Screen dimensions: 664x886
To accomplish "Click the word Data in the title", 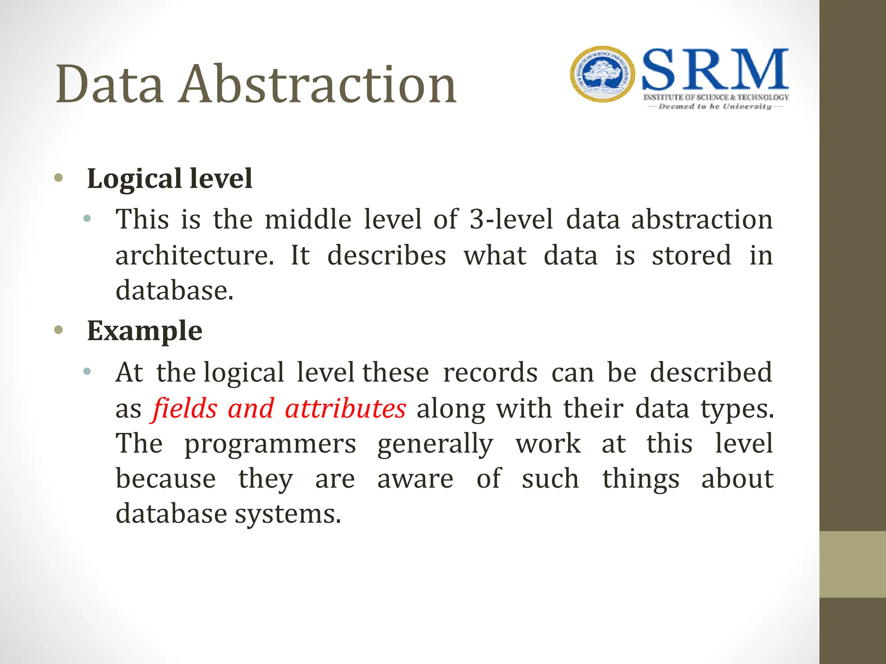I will pyautogui.click(x=109, y=84).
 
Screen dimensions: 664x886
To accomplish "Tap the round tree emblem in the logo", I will pyautogui.click(x=602, y=74).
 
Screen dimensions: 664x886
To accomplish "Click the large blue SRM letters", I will pyautogui.click(x=715, y=70).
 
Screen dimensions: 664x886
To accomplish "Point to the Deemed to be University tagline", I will pyautogui.click(x=715, y=106).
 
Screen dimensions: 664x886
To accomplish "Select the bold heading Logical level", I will pyautogui.click(x=170, y=179).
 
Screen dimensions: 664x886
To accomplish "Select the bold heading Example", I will pyautogui.click(x=144, y=331).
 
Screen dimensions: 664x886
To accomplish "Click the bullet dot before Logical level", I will pyautogui.click(x=59, y=178).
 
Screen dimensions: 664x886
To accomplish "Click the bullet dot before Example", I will pyautogui.click(x=59, y=330).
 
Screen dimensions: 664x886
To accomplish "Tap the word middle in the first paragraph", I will pyautogui.click(x=308, y=220).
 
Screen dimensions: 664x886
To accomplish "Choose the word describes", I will pyautogui.click(x=386, y=255).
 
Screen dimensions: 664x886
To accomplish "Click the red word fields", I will pyautogui.click(x=185, y=409).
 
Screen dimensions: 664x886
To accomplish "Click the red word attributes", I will pyautogui.click(x=345, y=409).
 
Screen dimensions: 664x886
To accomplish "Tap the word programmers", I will pyautogui.click(x=270, y=444).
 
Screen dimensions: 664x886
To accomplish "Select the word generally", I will pyautogui.click(x=435, y=444).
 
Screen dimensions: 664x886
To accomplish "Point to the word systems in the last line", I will pyautogui.click(x=288, y=514).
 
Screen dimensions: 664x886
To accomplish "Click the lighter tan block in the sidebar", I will pyautogui.click(x=852, y=564).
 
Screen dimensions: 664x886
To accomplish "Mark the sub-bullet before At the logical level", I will pyautogui.click(x=87, y=371).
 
